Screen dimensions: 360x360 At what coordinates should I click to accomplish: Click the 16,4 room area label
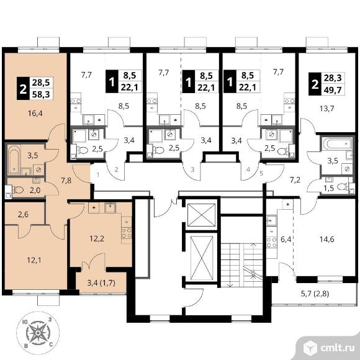(x=35, y=113)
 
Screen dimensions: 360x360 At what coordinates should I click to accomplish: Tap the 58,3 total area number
(x=41, y=94)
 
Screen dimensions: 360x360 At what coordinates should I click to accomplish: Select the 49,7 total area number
(x=333, y=89)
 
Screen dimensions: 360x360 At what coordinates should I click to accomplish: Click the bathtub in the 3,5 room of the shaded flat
(x=14, y=160)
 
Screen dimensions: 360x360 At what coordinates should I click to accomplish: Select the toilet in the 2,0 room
(x=18, y=190)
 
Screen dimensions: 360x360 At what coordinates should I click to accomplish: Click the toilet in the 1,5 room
(x=343, y=187)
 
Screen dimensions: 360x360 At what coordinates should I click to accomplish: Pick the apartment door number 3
(x=192, y=169)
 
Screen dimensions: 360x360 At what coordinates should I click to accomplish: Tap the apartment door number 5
(x=261, y=173)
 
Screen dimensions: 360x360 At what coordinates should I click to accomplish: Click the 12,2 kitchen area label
(x=97, y=239)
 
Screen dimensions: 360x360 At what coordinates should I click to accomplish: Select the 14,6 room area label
(x=327, y=239)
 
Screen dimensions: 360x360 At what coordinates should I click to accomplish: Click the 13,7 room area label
(x=327, y=108)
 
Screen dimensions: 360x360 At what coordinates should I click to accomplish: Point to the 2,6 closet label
(x=23, y=214)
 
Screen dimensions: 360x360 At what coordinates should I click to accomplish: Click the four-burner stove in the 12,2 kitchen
(x=127, y=233)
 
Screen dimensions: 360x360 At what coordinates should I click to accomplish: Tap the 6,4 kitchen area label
(x=286, y=240)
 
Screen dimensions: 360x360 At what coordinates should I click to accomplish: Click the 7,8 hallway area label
(x=66, y=180)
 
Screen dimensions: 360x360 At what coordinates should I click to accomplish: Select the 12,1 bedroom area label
(x=34, y=260)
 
